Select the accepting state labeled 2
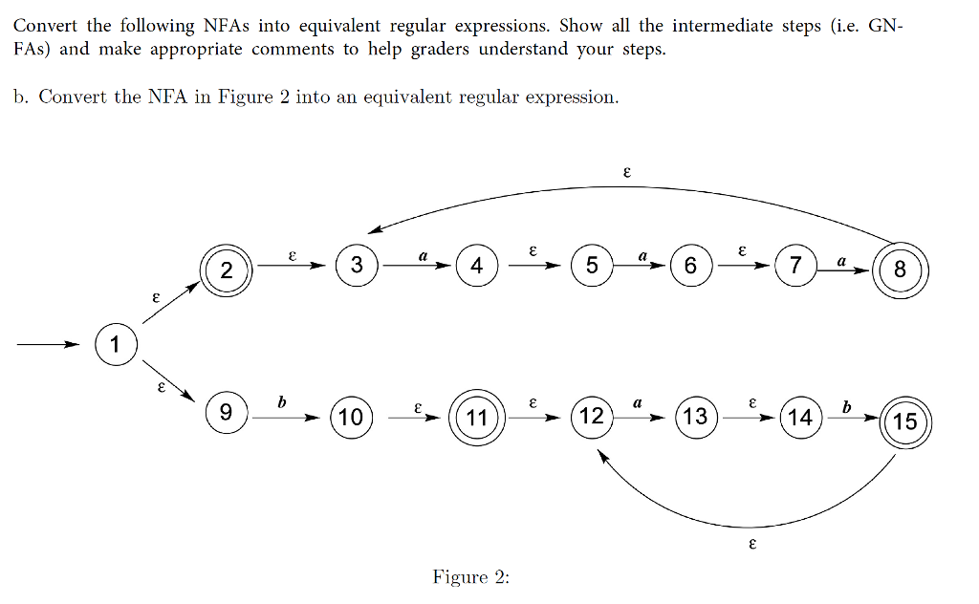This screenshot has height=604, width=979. [226, 270]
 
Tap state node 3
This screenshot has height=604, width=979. [357, 266]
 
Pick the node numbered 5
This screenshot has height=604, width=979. [592, 266]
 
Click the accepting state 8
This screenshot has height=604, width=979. [900, 270]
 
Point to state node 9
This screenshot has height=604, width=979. [226, 413]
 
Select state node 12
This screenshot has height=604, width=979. [592, 416]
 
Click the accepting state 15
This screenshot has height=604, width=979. [904, 421]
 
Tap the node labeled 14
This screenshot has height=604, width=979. [800, 417]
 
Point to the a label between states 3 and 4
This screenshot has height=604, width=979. [422, 255]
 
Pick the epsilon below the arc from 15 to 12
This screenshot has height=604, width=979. [752, 545]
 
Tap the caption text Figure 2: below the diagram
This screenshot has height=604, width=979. [471, 577]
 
